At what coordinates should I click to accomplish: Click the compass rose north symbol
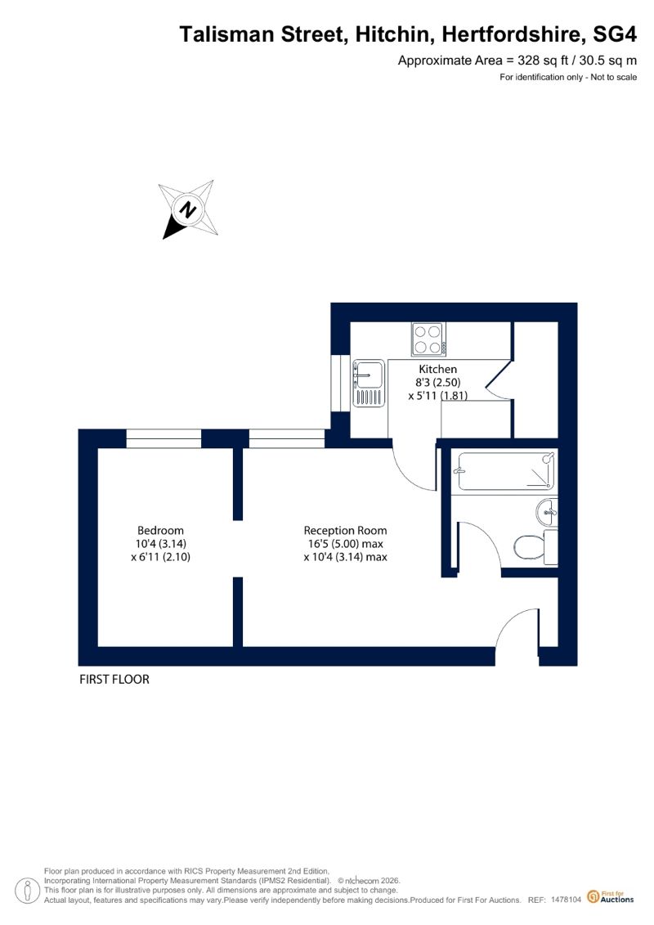click(188, 210)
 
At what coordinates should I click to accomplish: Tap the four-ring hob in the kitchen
click(428, 339)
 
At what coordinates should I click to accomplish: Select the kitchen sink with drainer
click(369, 383)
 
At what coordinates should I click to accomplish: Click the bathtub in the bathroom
click(507, 471)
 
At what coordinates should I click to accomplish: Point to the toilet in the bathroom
click(535, 547)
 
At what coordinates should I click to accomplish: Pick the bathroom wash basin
click(547, 511)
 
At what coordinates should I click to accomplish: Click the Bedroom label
click(160, 530)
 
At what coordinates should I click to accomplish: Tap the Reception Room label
click(345, 530)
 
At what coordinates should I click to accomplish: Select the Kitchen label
click(437, 370)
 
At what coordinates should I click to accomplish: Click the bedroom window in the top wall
click(164, 439)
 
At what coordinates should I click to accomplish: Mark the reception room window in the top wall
click(287, 439)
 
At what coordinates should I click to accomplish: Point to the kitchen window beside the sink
click(340, 384)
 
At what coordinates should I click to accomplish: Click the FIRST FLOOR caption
click(114, 679)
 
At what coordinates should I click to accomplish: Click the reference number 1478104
click(566, 900)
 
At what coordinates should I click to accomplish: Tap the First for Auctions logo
click(611, 897)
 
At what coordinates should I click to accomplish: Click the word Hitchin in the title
click(392, 34)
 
